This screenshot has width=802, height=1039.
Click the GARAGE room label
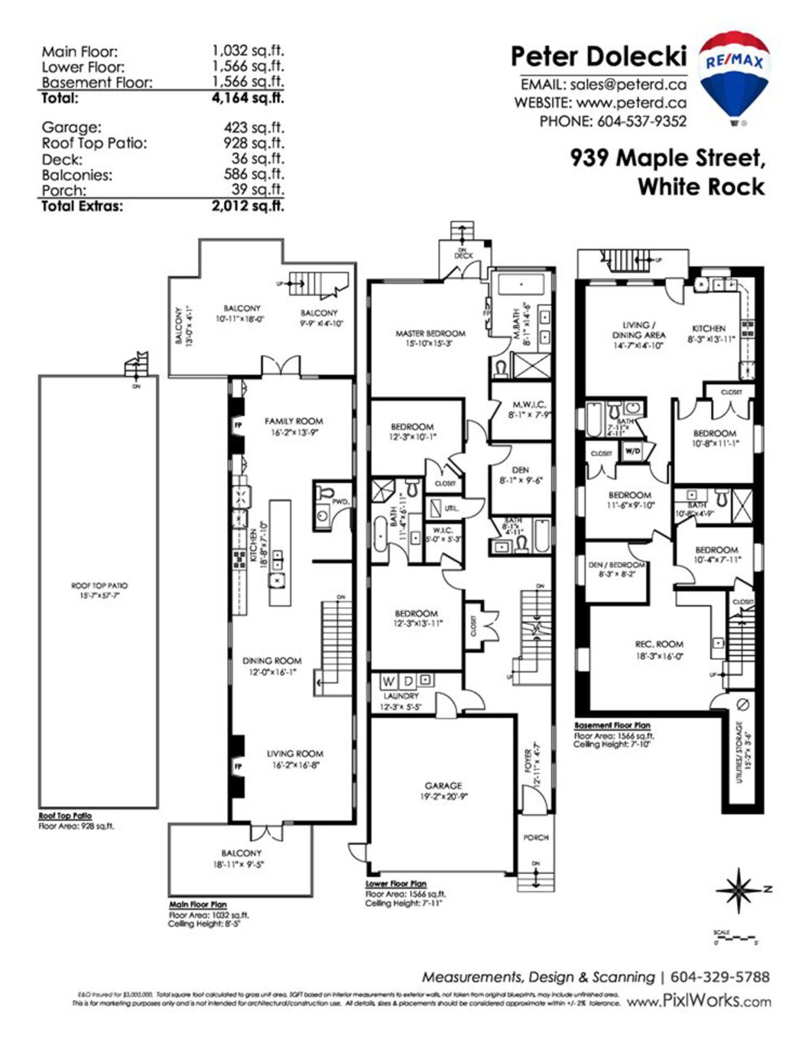click(x=443, y=785)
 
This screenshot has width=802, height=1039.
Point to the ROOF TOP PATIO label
click(x=99, y=586)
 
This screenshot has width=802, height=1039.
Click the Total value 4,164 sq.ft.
click(x=247, y=98)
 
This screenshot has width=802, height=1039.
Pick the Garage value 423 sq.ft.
click(x=254, y=127)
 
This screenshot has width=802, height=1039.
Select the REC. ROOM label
click(x=659, y=644)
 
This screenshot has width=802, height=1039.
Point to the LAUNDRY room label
click(x=401, y=696)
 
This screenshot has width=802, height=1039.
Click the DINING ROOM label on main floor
click(x=272, y=660)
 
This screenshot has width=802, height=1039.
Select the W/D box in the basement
click(x=632, y=452)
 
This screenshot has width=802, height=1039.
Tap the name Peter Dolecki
click(x=599, y=57)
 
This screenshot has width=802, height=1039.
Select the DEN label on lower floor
click(x=520, y=470)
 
